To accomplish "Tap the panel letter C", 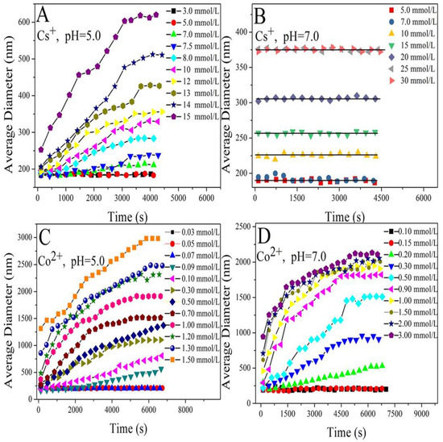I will click(48, 237).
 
